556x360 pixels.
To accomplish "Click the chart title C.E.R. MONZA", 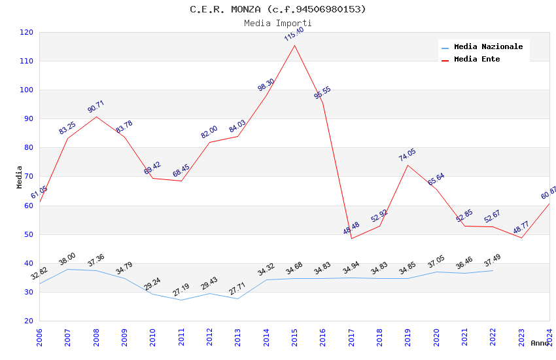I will (278, 9).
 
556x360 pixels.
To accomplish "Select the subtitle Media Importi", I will (278, 24).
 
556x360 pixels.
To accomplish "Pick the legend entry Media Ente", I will (477, 60).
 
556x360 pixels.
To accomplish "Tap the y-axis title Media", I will (20, 177).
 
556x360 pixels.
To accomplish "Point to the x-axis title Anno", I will (540, 343).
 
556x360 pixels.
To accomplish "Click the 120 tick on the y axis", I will (27, 33).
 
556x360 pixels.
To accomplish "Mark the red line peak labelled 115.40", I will (294, 45).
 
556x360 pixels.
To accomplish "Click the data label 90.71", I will (96, 107).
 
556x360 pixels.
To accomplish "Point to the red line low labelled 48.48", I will (351, 238).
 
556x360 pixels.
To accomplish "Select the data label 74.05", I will (408, 155).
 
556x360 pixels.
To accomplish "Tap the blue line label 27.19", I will (181, 289).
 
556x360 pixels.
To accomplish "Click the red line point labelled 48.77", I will (521, 238).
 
